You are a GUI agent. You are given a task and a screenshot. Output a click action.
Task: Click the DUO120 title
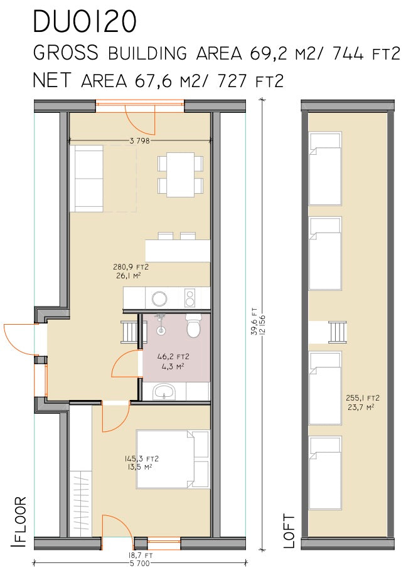pyautogui.click(x=85, y=21)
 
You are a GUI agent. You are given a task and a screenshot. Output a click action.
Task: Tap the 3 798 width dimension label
pyautogui.click(x=139, y=140)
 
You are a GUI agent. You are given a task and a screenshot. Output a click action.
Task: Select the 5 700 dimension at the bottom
pyautogui.click(x=139, y=563)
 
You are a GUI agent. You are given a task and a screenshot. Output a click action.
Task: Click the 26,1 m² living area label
pyautogui.click(x=128, y=275)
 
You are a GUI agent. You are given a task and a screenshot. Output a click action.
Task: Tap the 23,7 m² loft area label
pyautogui.click(x=361, y=407)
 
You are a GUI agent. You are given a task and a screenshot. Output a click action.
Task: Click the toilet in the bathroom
pyautogui.click(x=193, y=325)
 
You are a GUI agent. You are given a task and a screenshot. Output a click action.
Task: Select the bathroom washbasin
pyautogui.click(x=164, y=392)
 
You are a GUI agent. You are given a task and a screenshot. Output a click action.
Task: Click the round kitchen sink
pyautogui.click(x=159, y=298)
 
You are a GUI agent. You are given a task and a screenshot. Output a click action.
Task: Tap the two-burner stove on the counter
pyautogui.click(x=190, y=298)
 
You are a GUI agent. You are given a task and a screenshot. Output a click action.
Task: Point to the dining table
pyautogui.click(x=181, y=174)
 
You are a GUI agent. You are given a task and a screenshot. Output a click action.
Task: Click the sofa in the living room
pyautogui.click(x=87, y=179)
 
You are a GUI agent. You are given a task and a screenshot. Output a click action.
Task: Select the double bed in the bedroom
pyautogui.click(x=173, y=460)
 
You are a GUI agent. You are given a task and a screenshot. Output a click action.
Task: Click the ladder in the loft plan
pyautogui.click(x=338, y=332)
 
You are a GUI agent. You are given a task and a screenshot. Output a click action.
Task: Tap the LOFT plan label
pyautogui.click(x=289, y=531)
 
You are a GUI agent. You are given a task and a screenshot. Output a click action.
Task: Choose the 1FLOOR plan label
pyautogui.click(x=18, y=522)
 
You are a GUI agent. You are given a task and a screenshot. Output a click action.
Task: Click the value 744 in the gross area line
pyautogui.click(x=348, y=54)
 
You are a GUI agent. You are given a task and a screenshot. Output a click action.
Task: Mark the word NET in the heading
pyautogui.click(x=51, y=80)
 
